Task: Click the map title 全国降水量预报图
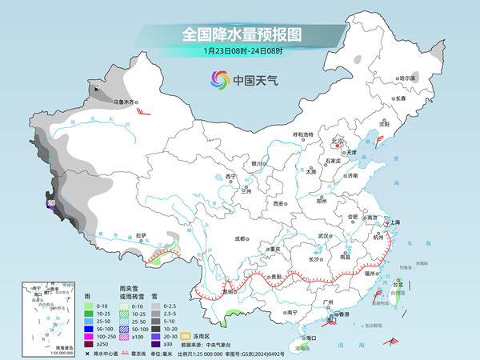tap(241, 34)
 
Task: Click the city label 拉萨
tap(141, 235)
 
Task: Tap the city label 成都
tap(240, 238)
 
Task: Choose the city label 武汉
tap(324, 236)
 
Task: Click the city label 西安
tap(278, 204)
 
